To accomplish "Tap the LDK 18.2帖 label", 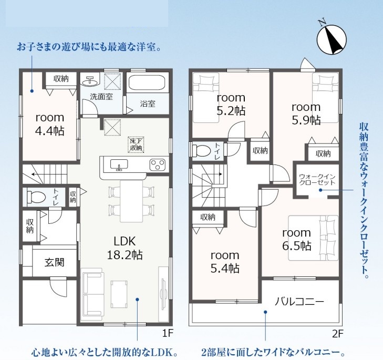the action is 125,248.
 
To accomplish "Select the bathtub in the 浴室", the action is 147,83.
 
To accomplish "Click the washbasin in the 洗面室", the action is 90,80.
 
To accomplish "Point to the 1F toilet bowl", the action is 36,197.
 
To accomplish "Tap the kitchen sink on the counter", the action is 119,164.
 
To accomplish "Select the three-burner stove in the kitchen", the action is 158,164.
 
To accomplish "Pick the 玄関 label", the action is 54,262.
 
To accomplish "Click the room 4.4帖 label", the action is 50,125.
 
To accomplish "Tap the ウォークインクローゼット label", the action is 317,179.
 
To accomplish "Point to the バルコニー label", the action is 299,301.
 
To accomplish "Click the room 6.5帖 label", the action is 297,239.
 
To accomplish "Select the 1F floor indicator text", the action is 168,333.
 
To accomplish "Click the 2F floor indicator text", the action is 338,334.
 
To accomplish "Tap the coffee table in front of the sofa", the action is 119,294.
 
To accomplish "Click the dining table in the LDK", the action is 131,201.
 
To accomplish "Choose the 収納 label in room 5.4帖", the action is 208,217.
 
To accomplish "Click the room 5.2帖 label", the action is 231,105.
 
